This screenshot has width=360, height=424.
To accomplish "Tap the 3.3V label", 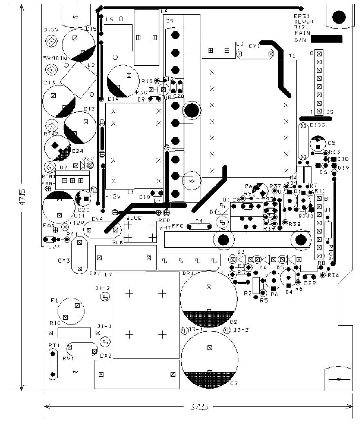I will point(51,30).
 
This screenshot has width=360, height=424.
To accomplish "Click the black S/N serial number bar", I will point(327,39).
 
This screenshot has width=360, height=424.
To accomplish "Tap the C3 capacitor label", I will point(233,384).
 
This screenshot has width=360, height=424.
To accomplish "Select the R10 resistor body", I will point(74,333).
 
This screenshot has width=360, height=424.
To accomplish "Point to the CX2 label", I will point(106,356).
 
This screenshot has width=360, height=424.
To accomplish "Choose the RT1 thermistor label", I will point(53,345).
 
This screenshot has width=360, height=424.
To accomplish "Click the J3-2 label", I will point(241,330).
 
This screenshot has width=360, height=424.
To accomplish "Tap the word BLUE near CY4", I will point(134,218).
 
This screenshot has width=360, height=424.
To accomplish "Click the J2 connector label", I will point(330,112).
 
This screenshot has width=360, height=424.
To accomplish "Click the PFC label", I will point(178,225).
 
